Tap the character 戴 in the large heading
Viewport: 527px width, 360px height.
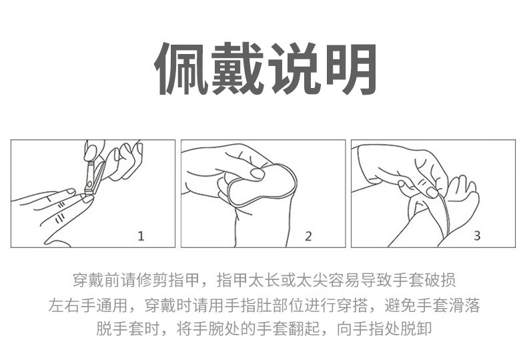[x=237, y=69]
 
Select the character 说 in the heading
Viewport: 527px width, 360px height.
[x=294, y=69]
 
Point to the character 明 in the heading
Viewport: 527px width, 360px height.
[x=350, y=69]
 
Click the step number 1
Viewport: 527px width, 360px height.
[x=141, y=236]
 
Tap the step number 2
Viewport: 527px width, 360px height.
[x=308, y=236]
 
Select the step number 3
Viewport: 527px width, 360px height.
[x=477, y=236]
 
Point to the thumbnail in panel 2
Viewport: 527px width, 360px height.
[x=257, y=173]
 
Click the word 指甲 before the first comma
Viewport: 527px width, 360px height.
[x=185, y=280]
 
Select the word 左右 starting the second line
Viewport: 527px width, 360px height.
[x=64, y=305]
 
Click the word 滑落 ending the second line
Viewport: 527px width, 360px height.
[x=464, y=305]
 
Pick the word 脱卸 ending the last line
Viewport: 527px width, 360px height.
[x=416, y=329]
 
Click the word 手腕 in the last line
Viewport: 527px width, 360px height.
[x=208, y=329]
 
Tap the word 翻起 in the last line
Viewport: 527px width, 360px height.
[x=304, y=329]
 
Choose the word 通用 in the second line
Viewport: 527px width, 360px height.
[x=112, y=305]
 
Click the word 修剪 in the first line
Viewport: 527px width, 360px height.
[x=153, y=280]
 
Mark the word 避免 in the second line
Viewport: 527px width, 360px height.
[x=401, y=305]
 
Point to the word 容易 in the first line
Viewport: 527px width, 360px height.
[x=344, y=280]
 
